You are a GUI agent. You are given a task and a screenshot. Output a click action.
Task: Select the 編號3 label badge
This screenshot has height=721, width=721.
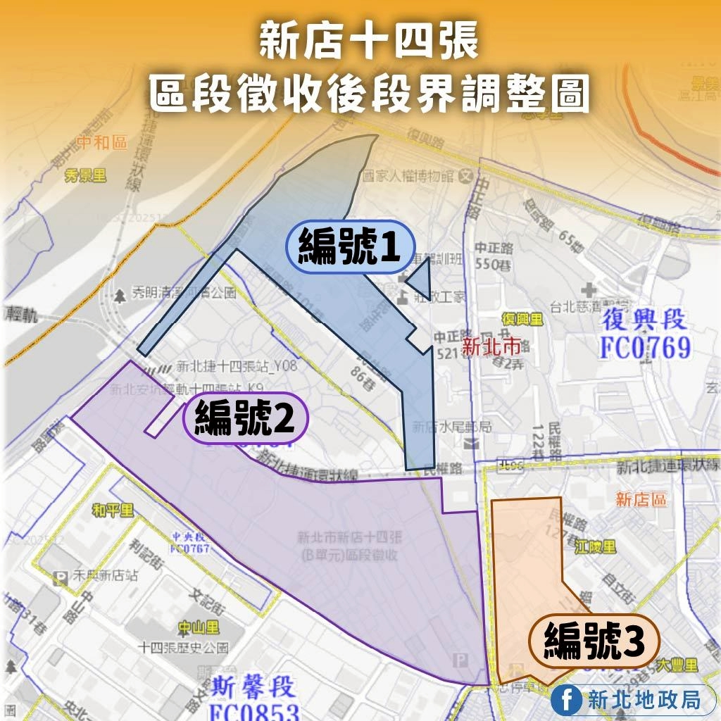594,641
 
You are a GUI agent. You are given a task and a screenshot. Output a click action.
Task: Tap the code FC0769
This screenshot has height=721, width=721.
644,347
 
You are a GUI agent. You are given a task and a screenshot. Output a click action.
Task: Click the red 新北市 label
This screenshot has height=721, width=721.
492,346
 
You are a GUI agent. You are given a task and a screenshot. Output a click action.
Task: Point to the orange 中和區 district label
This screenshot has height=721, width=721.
102,143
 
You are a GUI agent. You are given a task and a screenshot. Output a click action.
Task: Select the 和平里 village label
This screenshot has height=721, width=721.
113,511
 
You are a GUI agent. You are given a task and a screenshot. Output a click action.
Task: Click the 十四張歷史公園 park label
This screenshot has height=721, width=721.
184,647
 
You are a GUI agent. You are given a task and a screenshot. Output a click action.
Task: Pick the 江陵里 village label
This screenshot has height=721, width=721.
595,546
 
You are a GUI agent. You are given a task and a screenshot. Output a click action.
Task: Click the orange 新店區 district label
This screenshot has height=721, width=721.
641,500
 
